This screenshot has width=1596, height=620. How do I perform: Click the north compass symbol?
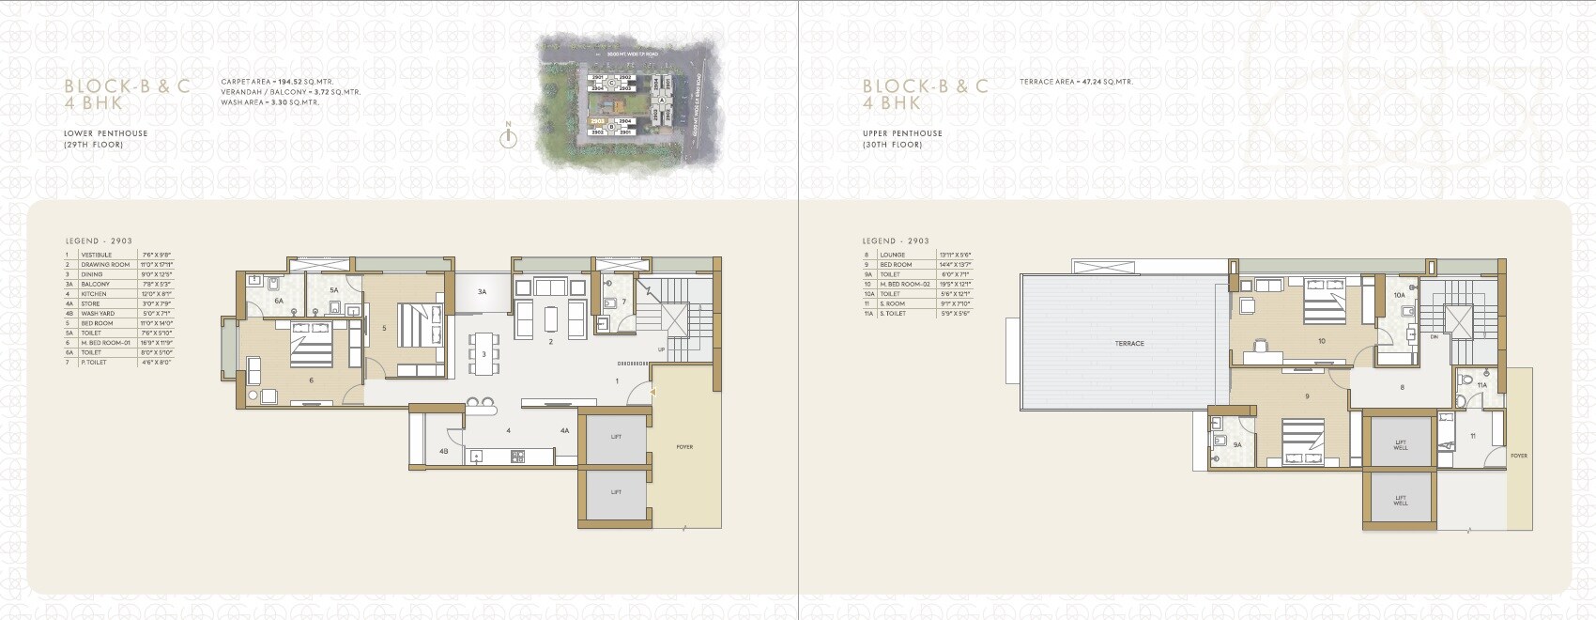(508, 137)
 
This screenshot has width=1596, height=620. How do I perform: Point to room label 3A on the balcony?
(482, 292)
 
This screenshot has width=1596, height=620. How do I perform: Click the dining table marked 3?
(483, 354)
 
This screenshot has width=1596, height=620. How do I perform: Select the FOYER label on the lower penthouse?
(684, 447)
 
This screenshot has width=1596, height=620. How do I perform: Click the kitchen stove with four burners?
(517, 457)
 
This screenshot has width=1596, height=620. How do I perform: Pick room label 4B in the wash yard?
(443, 452)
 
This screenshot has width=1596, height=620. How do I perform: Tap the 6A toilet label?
(279, 301)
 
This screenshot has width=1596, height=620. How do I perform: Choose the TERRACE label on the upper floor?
(1129, 344)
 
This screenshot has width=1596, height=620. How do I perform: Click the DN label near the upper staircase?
(1434, 336)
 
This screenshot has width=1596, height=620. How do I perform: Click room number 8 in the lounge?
(1402, 387)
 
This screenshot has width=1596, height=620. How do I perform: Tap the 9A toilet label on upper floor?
(1237, 445)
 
